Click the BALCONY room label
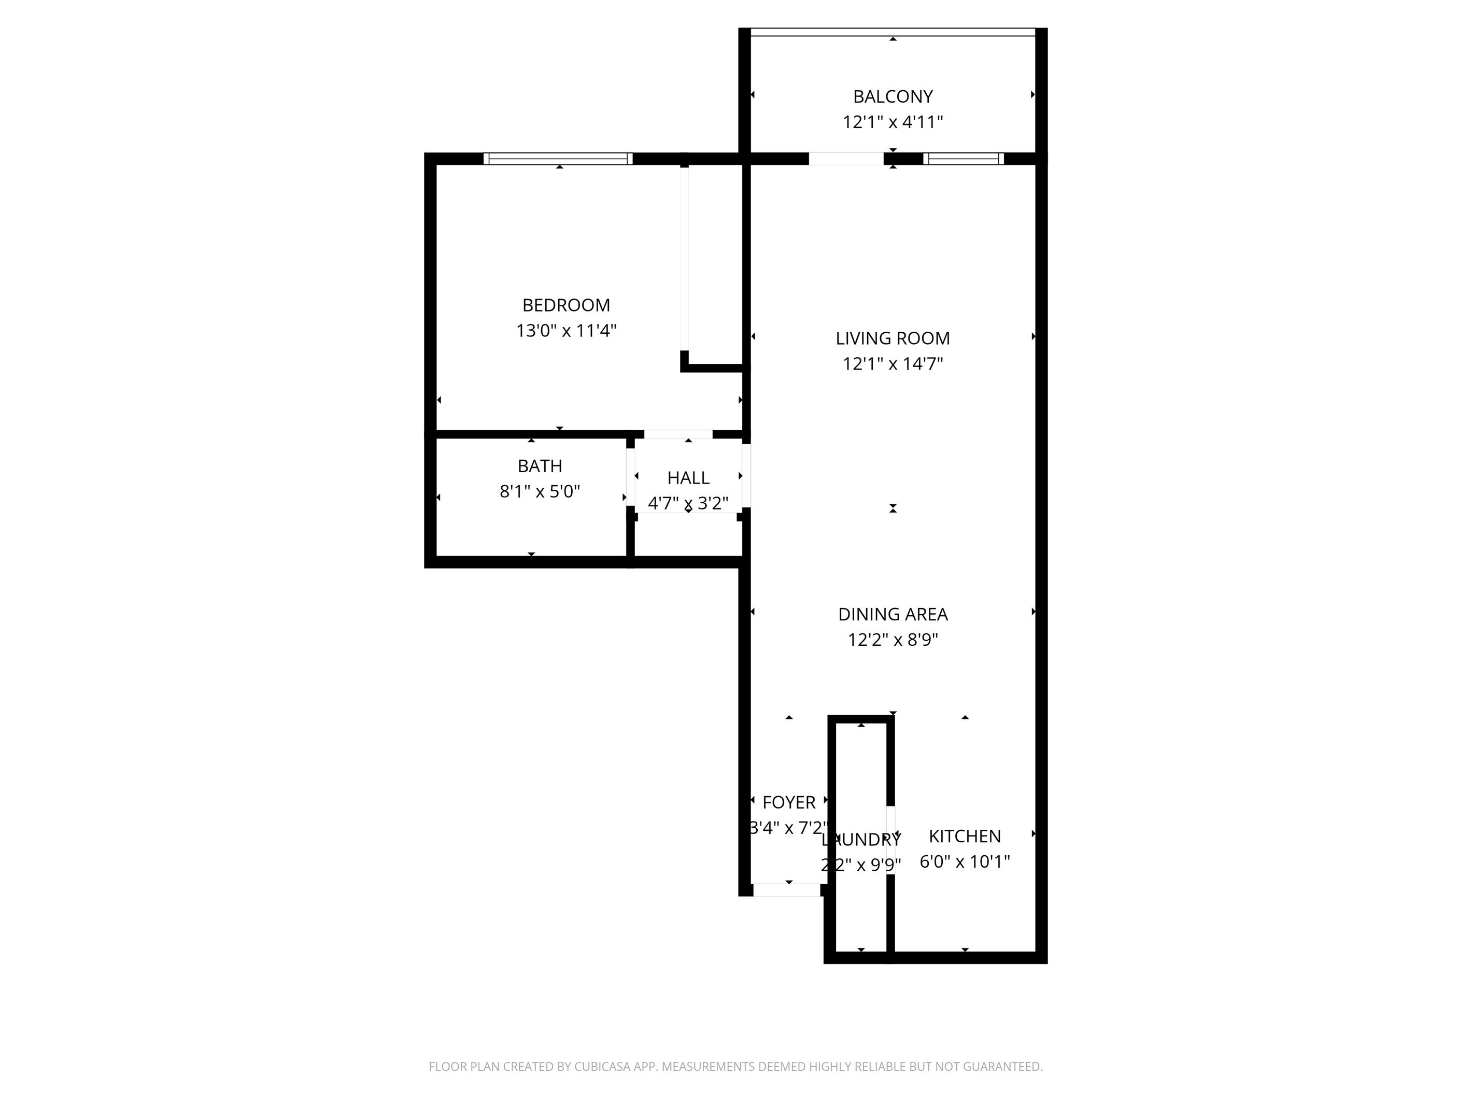tap(893, 97)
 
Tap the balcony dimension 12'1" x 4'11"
tap(893, 122)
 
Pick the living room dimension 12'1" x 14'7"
tap(893, 364)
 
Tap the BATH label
tap(540, 466)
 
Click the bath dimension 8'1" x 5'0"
tap(540, 492)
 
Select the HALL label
tap(688, 478)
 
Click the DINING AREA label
tap(893, 614)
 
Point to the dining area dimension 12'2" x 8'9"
tap(893, 640)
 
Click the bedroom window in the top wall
tap(558, 159)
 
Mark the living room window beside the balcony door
tap(963, 159)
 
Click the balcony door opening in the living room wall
tap(845, 159)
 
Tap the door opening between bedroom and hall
tap(677, 434)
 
